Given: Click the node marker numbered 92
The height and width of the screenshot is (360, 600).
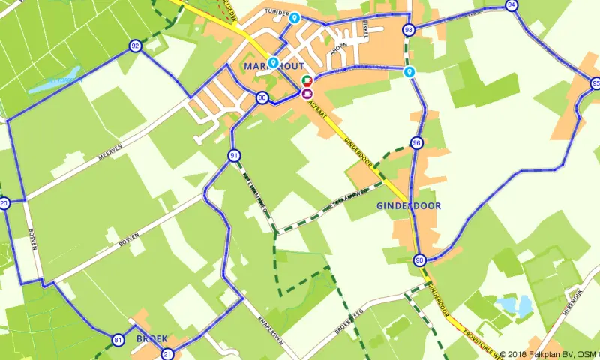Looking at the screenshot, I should click(135, 46).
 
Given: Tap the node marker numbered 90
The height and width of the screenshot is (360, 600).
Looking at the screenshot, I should click(262, 97).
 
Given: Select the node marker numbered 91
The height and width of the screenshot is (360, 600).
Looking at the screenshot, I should click(235, 156).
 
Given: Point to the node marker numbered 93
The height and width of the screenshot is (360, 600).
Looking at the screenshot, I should click(409, 30).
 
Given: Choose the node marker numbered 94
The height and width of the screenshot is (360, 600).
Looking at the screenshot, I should click(511, 5).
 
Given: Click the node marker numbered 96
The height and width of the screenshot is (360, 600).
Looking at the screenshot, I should click(417, 143).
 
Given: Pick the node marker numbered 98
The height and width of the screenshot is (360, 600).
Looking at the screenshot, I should click(419, 260).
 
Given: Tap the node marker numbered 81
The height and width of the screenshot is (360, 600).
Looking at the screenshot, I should click(118, 340).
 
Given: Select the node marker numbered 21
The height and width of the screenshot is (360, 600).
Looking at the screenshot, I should click(167, 354).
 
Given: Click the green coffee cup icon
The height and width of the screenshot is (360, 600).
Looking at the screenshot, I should click(307, 80).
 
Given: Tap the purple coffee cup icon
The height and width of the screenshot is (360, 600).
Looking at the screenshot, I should click(307, 93).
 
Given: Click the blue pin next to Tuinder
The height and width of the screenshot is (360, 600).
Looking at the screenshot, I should click(295, 18).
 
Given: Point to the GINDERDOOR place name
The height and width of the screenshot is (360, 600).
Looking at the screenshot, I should click(409, 205).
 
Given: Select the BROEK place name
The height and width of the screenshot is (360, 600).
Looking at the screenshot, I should click(151, 338).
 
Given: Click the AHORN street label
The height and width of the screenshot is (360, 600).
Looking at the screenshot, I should click(340, 44).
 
